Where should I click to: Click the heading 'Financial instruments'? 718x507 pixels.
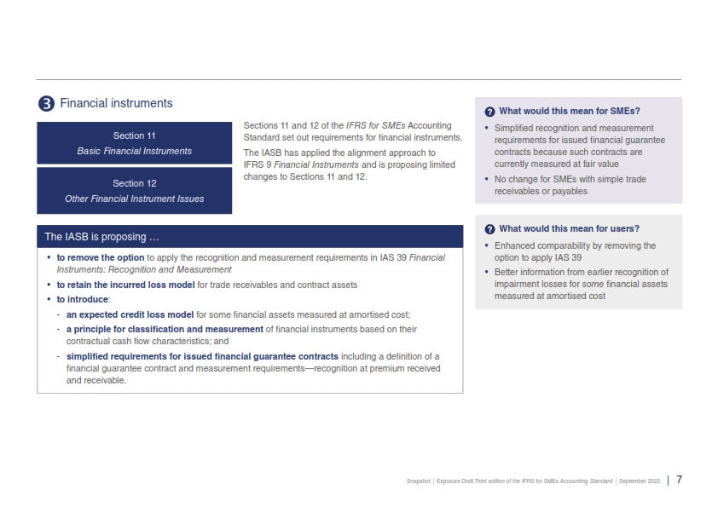click(116, 103)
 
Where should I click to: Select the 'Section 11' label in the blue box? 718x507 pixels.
click(134, 135)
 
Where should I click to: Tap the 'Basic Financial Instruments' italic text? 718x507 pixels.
click(134, 151)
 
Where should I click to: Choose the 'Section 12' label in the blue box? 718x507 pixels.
click(134, 183)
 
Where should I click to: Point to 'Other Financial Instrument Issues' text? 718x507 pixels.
click(134, 199)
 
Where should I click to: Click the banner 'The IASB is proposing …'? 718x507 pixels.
click(101, 236)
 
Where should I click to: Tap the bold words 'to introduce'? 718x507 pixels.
click(83, 300)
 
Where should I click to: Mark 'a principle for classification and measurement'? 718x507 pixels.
click(165, 329)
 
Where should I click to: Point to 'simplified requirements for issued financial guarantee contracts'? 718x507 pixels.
click(202, 355)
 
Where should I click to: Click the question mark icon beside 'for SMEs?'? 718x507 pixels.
click(489, 112)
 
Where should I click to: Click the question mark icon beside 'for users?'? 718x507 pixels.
click(489, 229)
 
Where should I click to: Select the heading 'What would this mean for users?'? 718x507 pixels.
click(569, 228)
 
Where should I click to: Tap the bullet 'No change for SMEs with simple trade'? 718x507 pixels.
click(570, 179)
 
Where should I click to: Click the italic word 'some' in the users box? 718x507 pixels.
click(592, 284)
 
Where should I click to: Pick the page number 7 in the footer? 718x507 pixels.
click(679, 480)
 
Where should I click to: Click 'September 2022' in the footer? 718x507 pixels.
click(640, 481)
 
